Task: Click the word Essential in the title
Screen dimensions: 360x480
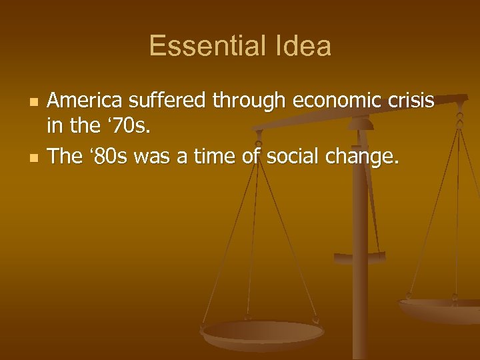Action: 201,46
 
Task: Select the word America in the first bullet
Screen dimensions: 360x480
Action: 87,101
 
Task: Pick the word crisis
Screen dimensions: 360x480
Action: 409,101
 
